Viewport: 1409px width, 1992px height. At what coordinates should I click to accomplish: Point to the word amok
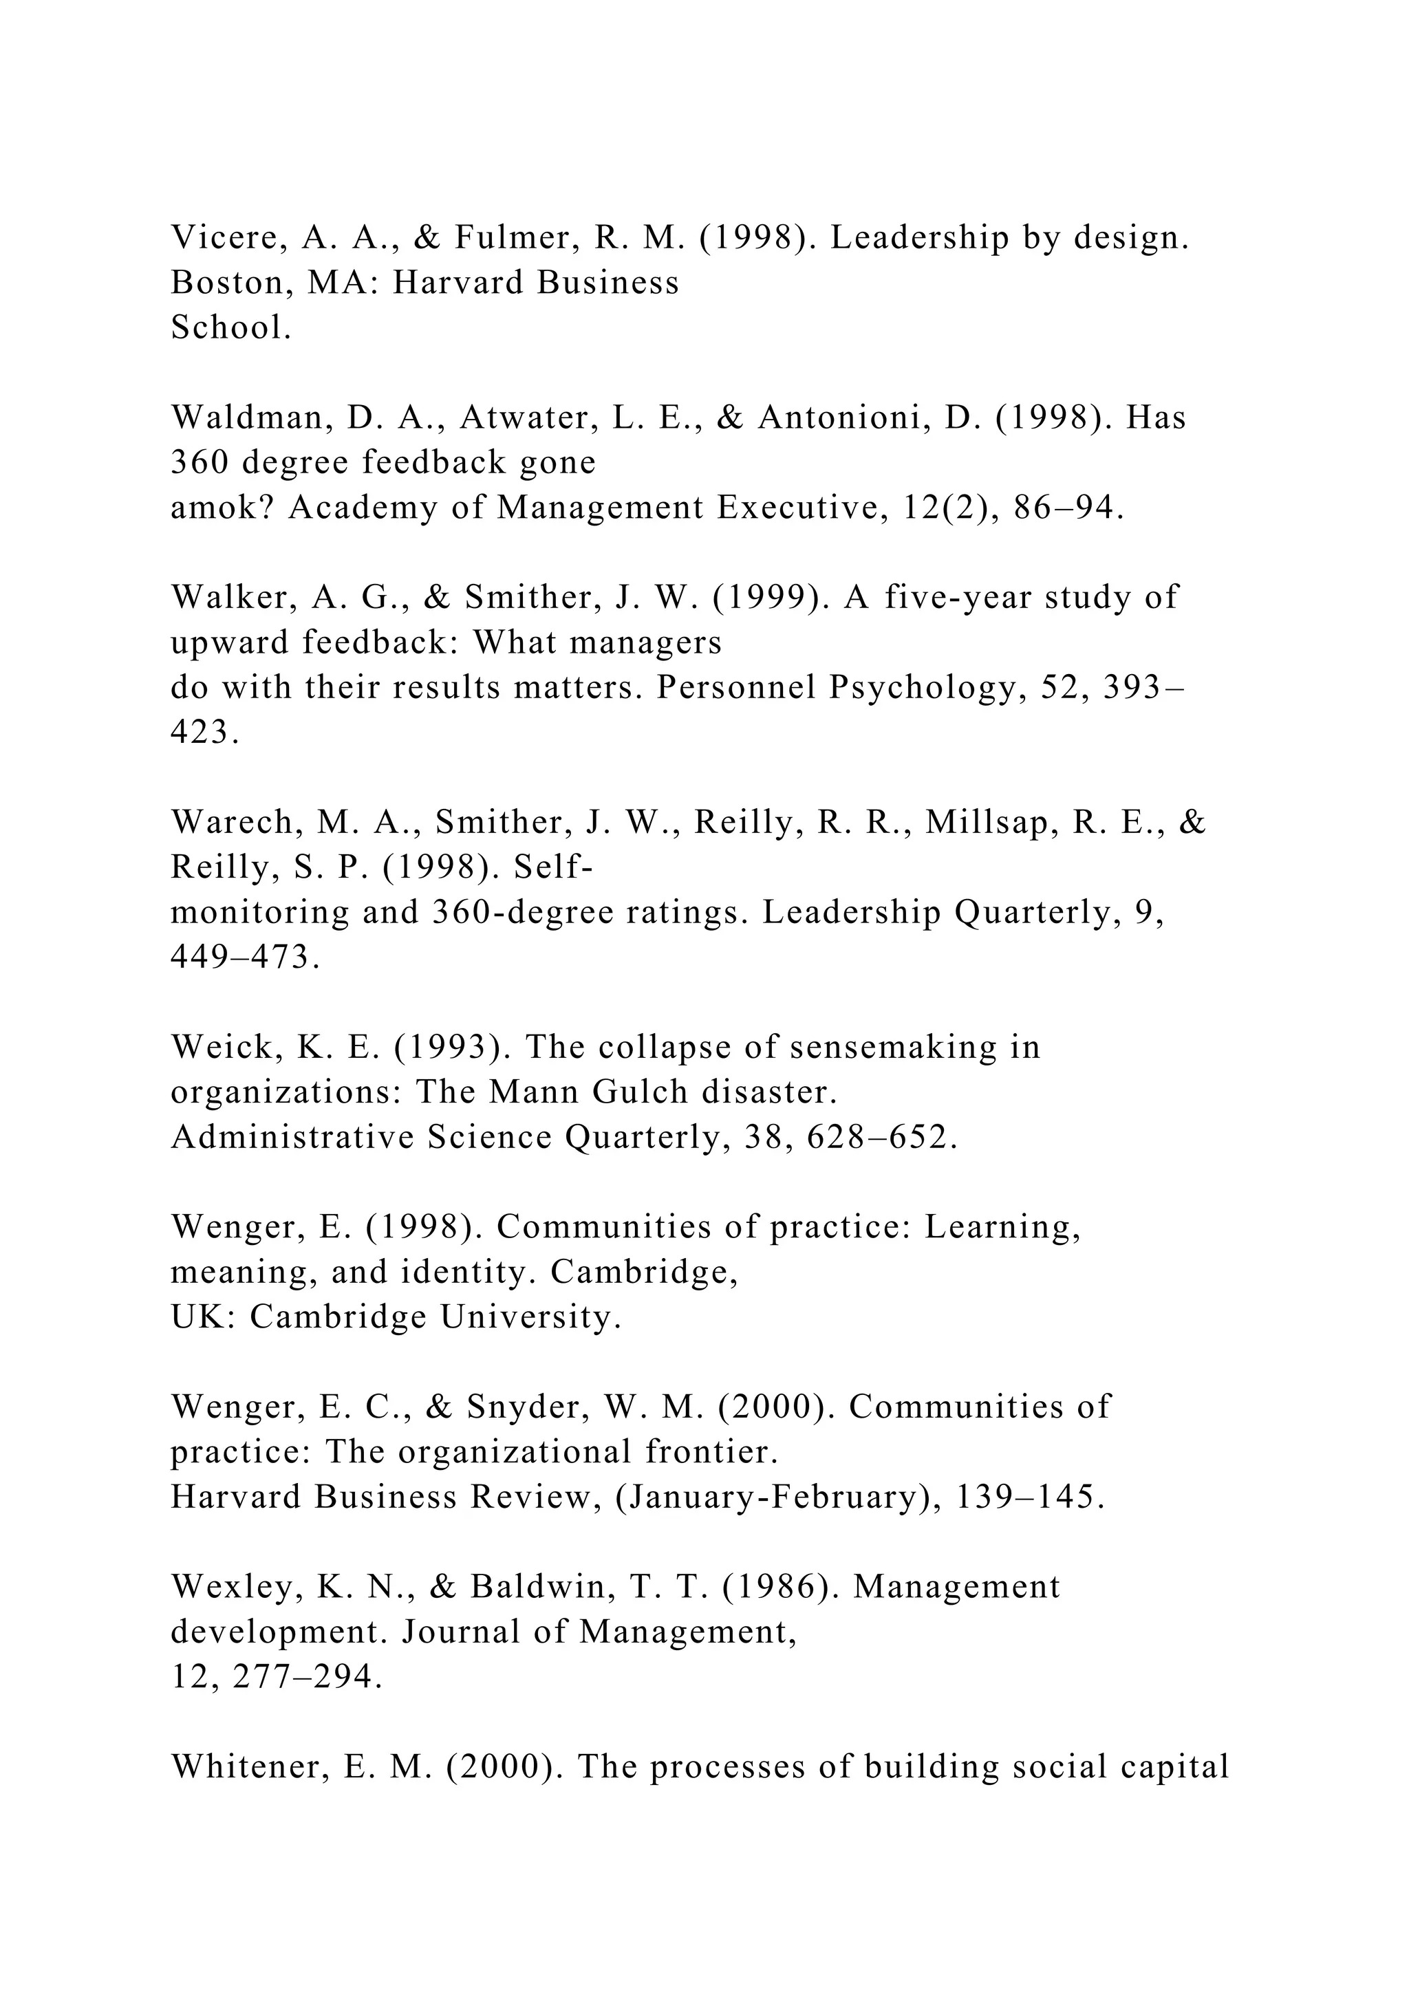point(222,508)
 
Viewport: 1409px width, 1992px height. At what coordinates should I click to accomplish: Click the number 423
point(205,733)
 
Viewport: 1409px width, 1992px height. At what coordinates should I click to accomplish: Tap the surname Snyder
point(524,1407)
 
